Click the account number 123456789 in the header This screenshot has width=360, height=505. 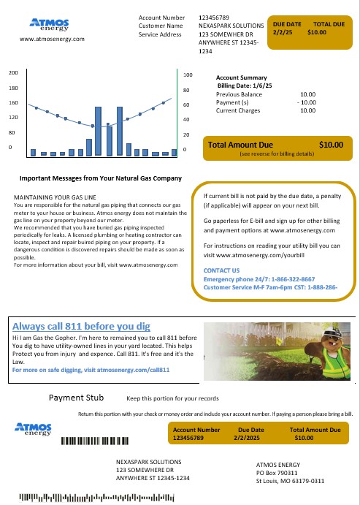(214, 16)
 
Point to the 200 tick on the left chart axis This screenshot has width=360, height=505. (13, 73)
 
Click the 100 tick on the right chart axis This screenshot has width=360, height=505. (188, 75)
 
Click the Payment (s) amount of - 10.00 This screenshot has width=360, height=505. (305, 102)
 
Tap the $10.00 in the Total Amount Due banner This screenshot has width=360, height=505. (332, 145)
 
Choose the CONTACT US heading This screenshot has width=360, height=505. (221, 270)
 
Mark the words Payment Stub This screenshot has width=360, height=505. (75, 398)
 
